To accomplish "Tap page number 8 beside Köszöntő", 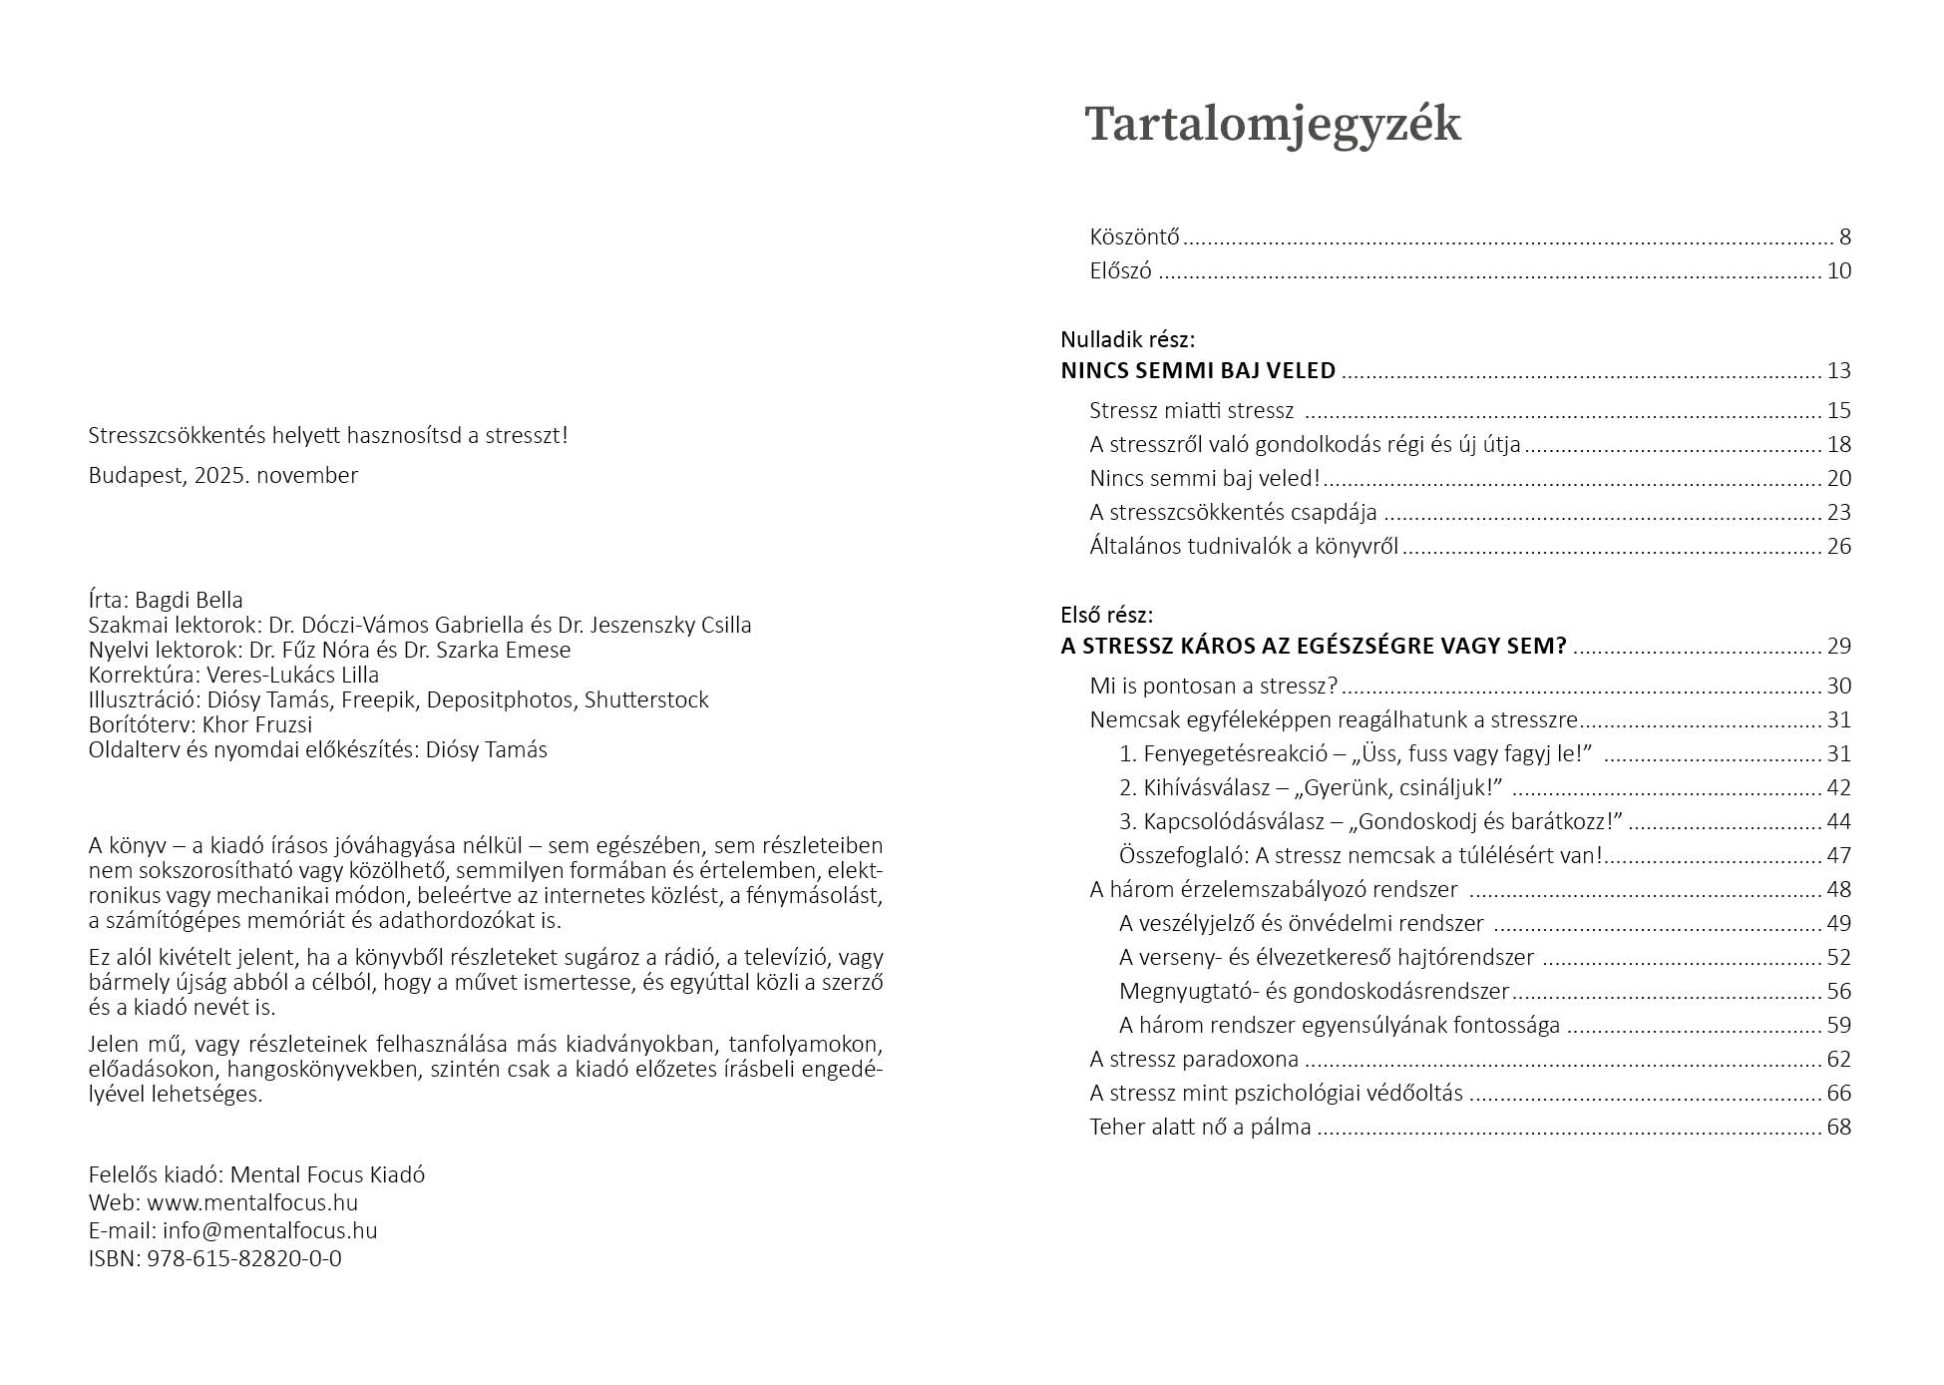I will coord(1844,237).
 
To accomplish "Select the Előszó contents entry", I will coord(1120,271).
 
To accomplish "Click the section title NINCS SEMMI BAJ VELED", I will coord(1197,371).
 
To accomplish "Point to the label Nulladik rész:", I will coord(1127,339).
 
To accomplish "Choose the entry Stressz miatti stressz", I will coord(1191,411).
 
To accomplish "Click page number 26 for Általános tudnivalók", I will coord(1838,547).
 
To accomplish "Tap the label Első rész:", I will coord(1106,615).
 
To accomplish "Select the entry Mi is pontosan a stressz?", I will coord(1213,687).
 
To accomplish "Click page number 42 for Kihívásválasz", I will coord(1838,788).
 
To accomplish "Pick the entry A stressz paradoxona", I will coord(1194,1060).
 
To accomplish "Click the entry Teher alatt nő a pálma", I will coord(1200,1128).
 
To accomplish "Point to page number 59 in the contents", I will coord(1838,1026).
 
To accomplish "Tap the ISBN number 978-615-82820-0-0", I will coord(244,1259).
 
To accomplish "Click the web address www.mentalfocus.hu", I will coord(252,1203).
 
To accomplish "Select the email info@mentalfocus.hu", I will coord(270,1231).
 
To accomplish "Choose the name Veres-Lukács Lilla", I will coord(293,676).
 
